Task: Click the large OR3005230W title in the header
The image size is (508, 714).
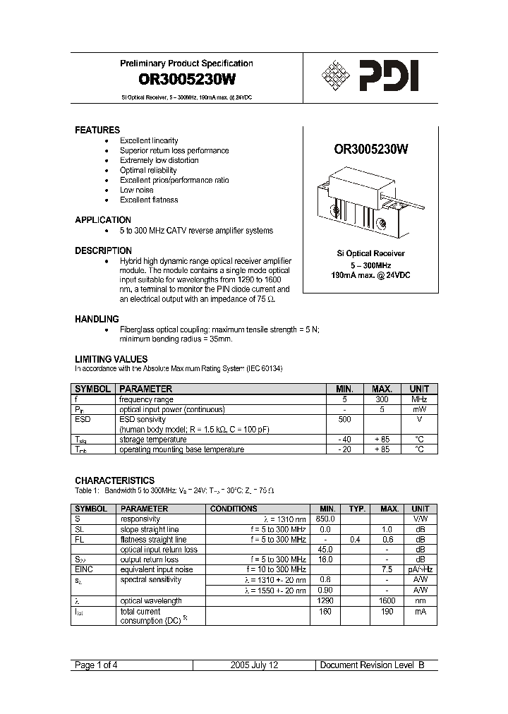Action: [x=186, y=80]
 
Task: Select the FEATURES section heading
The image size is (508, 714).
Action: [x=97, y=131]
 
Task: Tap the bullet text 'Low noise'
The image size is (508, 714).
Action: [x=136, y=190]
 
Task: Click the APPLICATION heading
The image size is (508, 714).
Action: [x=103, y=220]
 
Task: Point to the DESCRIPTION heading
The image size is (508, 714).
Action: [x=103, y=250]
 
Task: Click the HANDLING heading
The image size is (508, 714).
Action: [x=97, y=319]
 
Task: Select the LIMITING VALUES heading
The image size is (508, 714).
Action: [x=111, y=359]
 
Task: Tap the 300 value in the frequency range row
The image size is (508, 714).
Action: [x=382, y=399]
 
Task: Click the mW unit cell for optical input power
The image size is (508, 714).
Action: [x=419, y=409]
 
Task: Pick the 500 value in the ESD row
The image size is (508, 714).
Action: [x=344, y=419]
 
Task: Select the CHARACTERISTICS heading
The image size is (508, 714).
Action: [x=114, y=480]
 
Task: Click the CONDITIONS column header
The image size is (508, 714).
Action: [x=234, y=509]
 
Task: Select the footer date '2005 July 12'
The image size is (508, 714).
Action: [x=255, y=665]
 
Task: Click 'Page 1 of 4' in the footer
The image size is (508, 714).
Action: [x=95, y=665]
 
